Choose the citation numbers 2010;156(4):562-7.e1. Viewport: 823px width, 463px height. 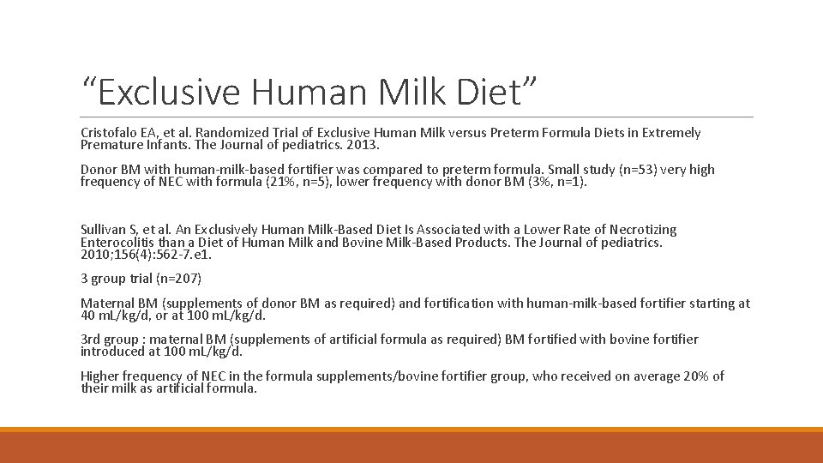point(146,255)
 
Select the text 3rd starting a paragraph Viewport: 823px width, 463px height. point(90,340)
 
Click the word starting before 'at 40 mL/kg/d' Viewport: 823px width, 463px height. point(718,304)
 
